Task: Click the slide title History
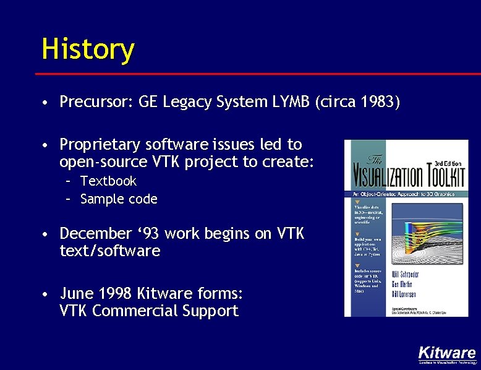coord(87,49)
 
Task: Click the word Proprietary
coord(100,145)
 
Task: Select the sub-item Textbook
coord(108,181)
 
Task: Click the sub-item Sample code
coord(119,199)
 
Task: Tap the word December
coord(95,234)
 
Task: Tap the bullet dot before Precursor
coord(46,103)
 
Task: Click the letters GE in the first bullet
coord(149,102)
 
